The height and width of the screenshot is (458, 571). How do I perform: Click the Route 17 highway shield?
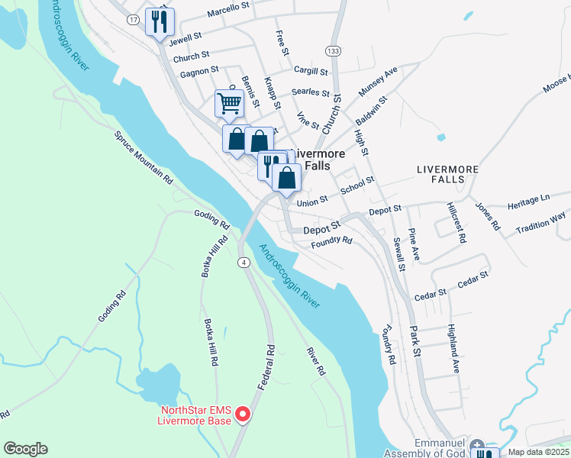(134, 20)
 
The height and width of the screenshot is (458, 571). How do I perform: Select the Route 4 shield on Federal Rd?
(244, 263)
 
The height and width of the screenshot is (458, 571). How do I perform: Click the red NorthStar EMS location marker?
(243, 414)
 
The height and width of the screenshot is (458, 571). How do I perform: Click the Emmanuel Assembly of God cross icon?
(477, 445)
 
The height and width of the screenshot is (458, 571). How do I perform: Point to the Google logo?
(25, 449)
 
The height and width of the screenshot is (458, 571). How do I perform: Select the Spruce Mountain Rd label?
(144, 159)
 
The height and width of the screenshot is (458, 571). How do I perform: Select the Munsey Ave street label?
(379, 80)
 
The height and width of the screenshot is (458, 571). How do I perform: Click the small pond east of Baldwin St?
(440, 138)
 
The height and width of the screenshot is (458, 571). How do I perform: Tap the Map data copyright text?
(539, 452)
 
